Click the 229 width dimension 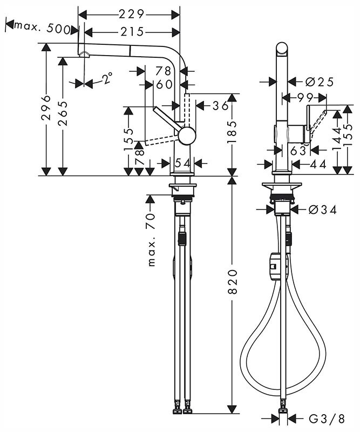click(x=131, y=15)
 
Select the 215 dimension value click(x=132, y=32)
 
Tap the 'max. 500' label click(x=42, y=29)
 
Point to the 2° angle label click(x=108, y=78)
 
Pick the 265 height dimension click(x=63, y=113)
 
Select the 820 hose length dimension click(x=233, y=282)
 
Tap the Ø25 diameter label click(x=320, y=82)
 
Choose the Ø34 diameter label click(x=323, y=210)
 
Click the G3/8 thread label click(x=327, y=419)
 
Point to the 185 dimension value click(x=233, y=132)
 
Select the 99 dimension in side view click(x=305, y=97)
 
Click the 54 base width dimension click(x=182, y=164)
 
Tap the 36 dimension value click(x=220, y=105)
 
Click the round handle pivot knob click(x=187, y=136)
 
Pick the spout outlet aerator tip click(x=84, y=55)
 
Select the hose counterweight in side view click(x=274, y=266)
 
